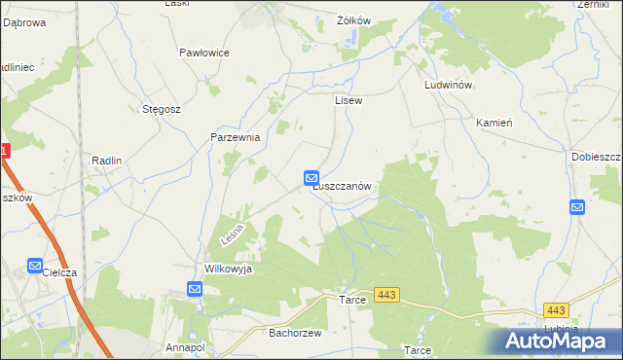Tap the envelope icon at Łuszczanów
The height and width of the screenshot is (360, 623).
coord(311,178)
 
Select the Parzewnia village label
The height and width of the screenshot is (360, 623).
coord(236,138)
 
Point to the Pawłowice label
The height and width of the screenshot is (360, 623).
coord(204,53)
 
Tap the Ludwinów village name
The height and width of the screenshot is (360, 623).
coord(449,86)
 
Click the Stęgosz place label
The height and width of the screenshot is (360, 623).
coord(162,109)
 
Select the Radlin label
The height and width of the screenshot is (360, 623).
coord(105,161)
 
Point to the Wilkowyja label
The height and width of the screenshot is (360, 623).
coord(228,269)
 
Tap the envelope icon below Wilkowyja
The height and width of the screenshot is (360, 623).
coord(195,289)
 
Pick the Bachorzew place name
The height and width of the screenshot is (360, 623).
coord(288,332)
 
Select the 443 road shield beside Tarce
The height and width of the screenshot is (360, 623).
coord(385,295)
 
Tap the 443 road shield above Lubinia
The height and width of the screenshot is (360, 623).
coord(556,310)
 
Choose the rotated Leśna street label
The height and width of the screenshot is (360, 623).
coord(231,234)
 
